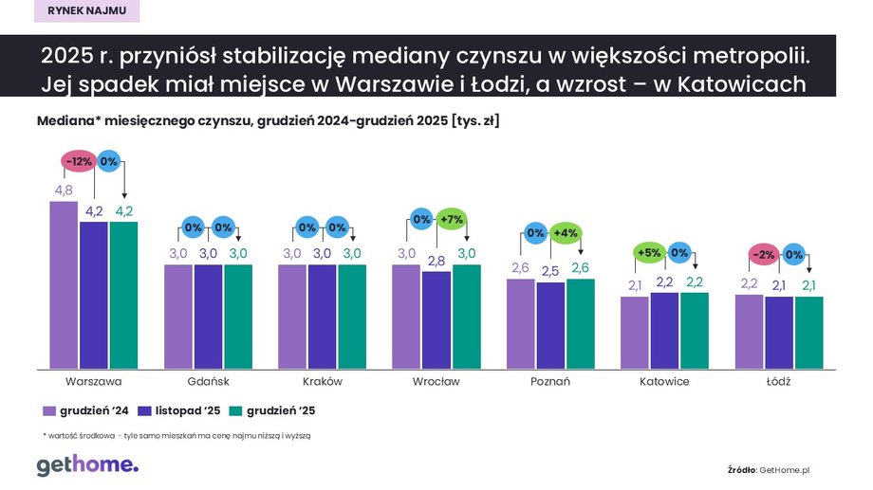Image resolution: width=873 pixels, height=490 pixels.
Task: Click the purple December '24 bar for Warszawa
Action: pyautogui.click(x=64, y=284)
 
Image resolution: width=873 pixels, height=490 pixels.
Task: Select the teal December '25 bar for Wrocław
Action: pyautogui.click(x=467, y=317)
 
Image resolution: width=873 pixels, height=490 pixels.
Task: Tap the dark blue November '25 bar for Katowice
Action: pyautogui.click(x=664, y=330)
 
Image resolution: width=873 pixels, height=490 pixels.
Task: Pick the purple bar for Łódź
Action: pyautogui.click(x=750, y=332)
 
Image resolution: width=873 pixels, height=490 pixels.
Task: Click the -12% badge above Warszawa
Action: pyautogui.click(x=79, y=161)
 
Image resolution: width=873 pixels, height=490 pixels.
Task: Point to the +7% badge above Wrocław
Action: pyautogui.click(x=452, y=219)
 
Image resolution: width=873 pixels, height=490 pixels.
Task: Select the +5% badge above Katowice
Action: pyautogui.click(x=649, y=253)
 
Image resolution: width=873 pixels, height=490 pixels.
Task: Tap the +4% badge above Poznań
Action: pyautogui.click(x=566, y=233)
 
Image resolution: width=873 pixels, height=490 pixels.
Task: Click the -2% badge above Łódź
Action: pyautogui.click(x=764, y=254)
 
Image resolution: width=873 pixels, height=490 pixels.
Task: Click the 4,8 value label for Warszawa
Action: pyautogui.click(x=64, y=190)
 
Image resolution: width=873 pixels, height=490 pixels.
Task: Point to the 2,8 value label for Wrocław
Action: pyautogui.click(x=436, y=260)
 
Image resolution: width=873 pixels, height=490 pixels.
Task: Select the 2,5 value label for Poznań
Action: pyautogui.click(x=550, y=271)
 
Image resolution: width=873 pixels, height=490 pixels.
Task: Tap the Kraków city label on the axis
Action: pyautogui.click(x=322, y=382)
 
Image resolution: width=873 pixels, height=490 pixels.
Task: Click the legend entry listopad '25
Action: pyautogui.click(x=180, y=410)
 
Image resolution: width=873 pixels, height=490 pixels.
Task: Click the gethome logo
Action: pyautogui.click(x=87, y=464)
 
